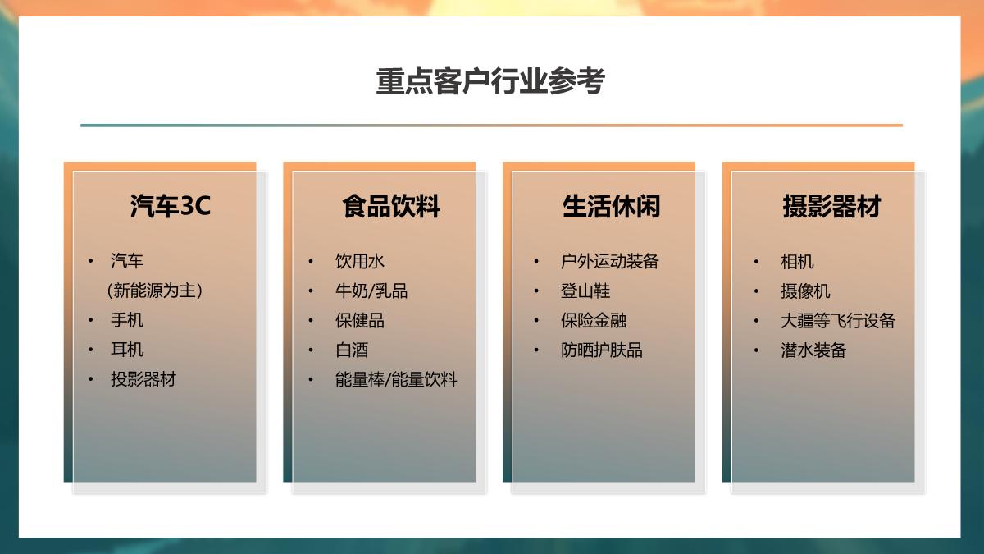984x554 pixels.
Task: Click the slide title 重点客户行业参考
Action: (490, 82)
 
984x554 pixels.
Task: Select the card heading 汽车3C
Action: (171, 206)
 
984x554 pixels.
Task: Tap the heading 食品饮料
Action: (391, 206)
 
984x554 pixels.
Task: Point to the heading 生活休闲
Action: (611, 206)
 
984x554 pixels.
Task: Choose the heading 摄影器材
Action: (831, 206)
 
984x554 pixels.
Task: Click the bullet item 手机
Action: (127, 320)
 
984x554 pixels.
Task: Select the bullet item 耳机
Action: (127, 350)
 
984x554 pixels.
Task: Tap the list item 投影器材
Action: (143, 379)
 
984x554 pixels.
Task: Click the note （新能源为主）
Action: (154, 291)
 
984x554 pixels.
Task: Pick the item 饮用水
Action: (359, 261)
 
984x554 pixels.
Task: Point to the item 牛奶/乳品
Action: (371, 291)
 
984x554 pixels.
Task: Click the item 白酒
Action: (352, 350)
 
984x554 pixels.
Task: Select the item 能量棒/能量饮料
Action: (396, 379)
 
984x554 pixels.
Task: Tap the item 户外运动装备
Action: (609, 261)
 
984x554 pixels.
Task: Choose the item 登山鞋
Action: (585, 291)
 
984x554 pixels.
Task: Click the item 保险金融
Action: (594, 320)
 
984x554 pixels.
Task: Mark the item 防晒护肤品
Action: (602, 350)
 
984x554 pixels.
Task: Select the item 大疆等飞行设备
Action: (837, 320)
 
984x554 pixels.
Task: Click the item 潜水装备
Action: (813, 350)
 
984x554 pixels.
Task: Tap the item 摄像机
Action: (805, 291)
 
